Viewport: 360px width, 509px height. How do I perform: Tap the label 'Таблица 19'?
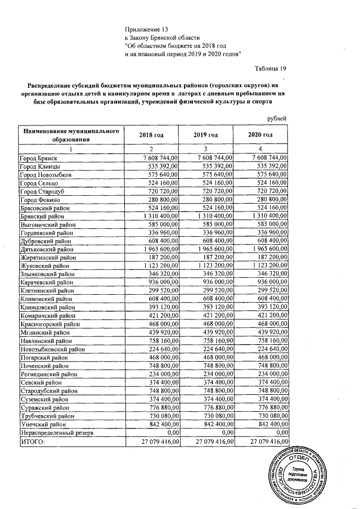pyautogui.click(x=271, y=69)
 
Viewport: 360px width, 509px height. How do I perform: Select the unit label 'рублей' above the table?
pyautogui.click(x=276, y=118)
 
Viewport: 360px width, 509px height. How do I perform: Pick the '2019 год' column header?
pyautogui.click(x=206, y=135)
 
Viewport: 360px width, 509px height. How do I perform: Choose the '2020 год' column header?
pyautogui.click(x=260, y=135)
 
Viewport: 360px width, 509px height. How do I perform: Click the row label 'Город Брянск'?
pyautogui.click(x=39, y=158)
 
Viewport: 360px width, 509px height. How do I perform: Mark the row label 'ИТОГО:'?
pyautogui.click(x=32, y=442)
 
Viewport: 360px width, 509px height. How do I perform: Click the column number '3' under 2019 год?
pyautogui.click(x=206, y=149)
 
